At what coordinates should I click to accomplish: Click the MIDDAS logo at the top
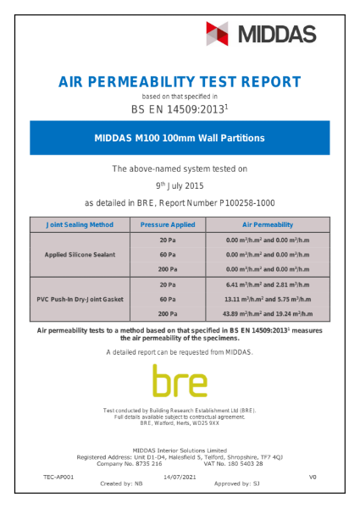pyautogui.click(x=261, y=34)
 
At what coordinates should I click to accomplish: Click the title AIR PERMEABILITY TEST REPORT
pyautogui.click(x=180, y=82)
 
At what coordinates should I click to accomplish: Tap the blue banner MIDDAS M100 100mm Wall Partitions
pyautogui.click(x=180, y=137)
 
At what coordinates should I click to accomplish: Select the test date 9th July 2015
pyautogui.click(x=180, y=185)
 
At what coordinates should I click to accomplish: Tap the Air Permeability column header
pyautogui.click(x=261, y=225)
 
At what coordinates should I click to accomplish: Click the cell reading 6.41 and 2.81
pyautogui.click(x=261, y=284)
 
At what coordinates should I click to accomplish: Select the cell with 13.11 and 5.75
pyautogui.click(x=261, y=299)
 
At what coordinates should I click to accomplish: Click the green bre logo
pyautogui.click(x=180, y=381)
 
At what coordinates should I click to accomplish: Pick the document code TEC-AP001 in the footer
pyautogui.click(x=58, y=478)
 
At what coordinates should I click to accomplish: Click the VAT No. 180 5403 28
pyautogui.click(x=234, y=464)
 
